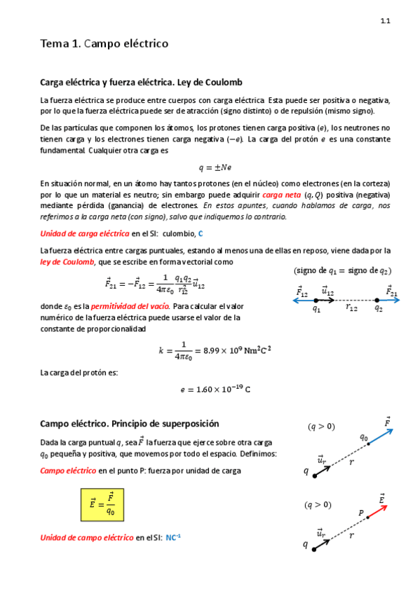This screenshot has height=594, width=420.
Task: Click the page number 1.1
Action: (385, 22)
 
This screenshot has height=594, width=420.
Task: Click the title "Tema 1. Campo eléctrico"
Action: (104, 44)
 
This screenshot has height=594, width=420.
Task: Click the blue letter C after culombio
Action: (201, 233)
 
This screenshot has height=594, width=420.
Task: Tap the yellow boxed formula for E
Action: (102, 504)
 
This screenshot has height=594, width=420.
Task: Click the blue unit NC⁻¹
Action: (173, 537)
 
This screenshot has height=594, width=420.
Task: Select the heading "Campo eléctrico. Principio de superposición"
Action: (130, 424)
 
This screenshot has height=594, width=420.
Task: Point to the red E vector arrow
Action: (373, 513)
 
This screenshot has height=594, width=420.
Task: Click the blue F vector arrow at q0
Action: (379, 435)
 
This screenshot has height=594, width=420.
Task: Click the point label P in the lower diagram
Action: (361, 513)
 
